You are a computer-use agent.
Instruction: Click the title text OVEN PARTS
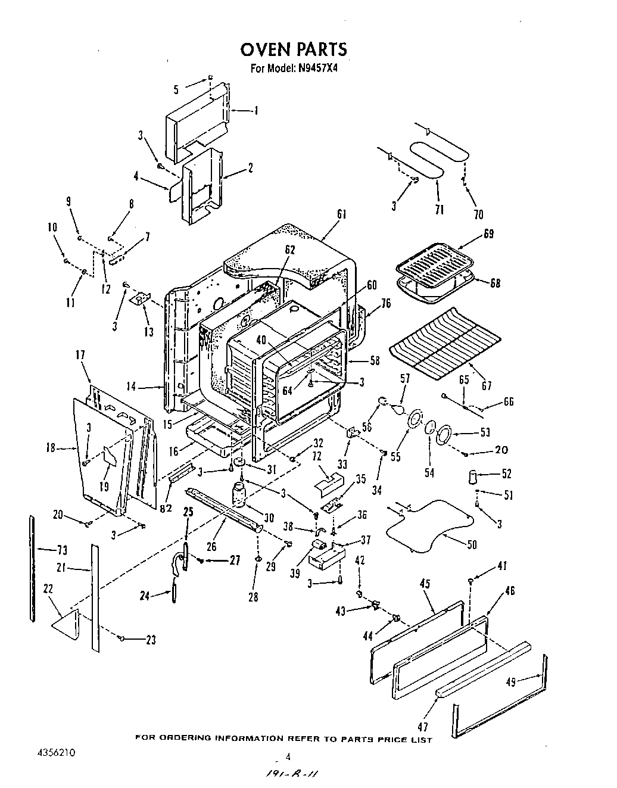coord(293,48)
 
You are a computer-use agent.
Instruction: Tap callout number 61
coord(341,214)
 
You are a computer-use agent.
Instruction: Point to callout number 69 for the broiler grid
coord(488,233)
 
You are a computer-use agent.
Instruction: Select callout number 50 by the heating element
coord(473,545)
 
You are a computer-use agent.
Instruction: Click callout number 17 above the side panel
coord(80,356)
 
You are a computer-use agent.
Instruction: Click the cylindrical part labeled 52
coord(474,477)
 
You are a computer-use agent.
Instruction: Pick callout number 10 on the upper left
coord(52,227)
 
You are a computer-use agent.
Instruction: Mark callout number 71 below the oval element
coord(439,210)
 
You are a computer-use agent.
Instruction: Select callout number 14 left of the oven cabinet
coord(131,387)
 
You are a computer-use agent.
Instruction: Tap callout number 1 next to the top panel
coord(255,110)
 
